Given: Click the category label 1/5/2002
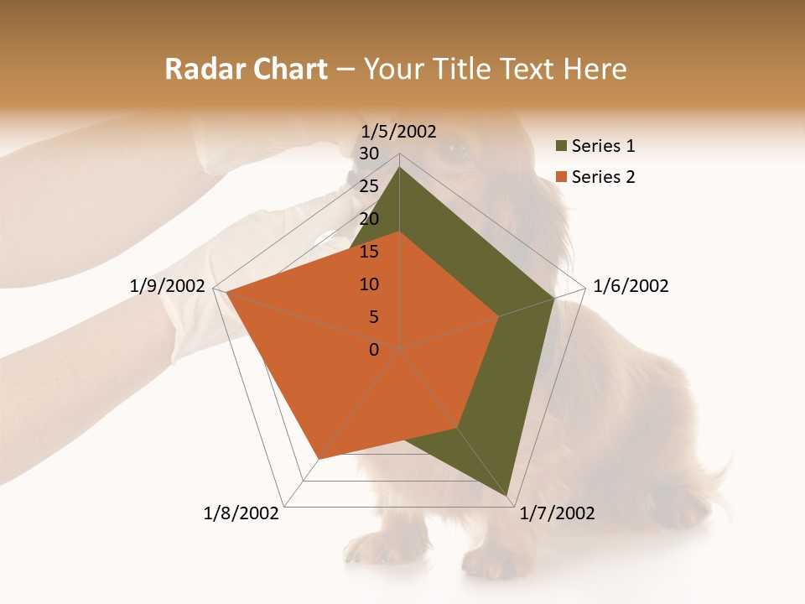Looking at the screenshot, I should coord(399,131).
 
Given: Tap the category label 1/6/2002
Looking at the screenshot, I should coord(631,286).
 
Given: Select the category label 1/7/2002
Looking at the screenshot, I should coord(557,513).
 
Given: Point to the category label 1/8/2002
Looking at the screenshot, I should coord(241,513).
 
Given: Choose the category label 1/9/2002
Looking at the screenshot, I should coord(168,286).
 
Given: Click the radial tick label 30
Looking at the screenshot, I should coord(369,154).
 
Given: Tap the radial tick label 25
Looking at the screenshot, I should coord(369,186).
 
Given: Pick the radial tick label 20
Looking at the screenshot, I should coord(369,219).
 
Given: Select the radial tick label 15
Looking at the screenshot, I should coord(369,252).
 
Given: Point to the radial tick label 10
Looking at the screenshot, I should coord(369,284).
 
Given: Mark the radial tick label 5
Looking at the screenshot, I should coord(373,317).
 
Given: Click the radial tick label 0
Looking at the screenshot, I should coord(374,350).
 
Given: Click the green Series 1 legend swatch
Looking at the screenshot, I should coord(561,147).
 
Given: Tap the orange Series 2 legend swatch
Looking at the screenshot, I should coord(561,177).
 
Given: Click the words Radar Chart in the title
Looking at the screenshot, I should coord(246,70).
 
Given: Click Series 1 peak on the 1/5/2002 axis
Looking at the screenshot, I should coord(399,167).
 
